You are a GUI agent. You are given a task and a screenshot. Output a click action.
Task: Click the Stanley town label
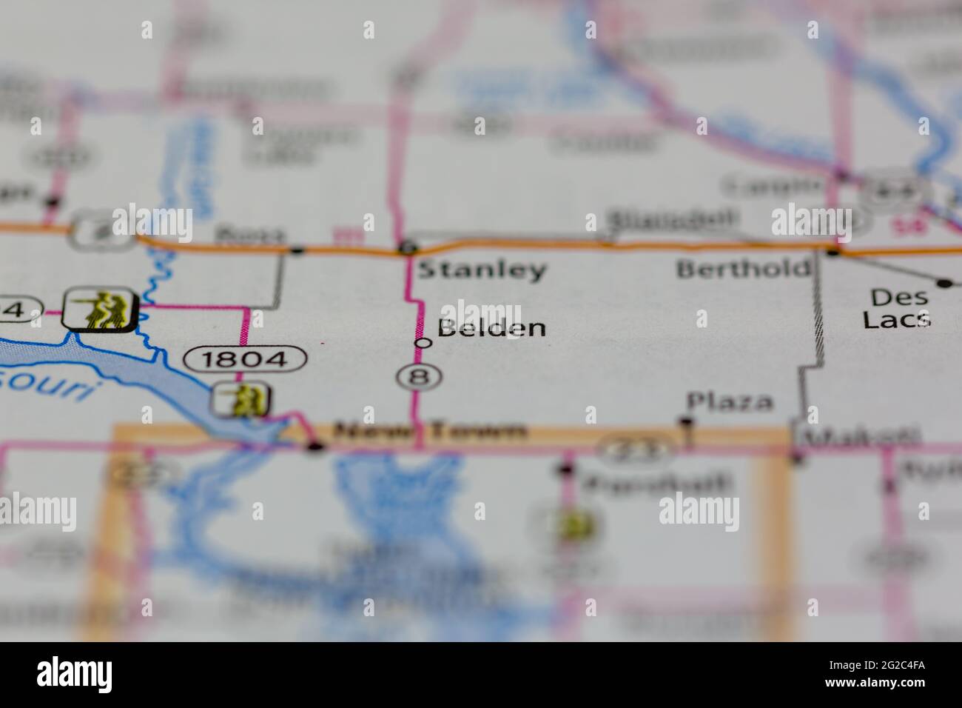click(x=482, y=270)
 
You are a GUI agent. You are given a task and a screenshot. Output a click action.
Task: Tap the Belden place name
click(x=492, y=328)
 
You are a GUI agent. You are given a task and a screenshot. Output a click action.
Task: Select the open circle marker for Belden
click(x=423, y=343)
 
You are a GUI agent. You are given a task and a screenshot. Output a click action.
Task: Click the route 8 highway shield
click(x=420, y=376)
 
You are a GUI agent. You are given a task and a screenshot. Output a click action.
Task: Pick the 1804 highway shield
click(x=245, y=360)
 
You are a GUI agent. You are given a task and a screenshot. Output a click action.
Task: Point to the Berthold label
click(x=743, y=268)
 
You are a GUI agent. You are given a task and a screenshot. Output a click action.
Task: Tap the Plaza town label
click(x=730, y=402)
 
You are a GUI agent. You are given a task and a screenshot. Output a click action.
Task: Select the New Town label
click(x=430, y=430)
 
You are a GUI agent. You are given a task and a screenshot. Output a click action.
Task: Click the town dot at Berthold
click(x=833, y=253)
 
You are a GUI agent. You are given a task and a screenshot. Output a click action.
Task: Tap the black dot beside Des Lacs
click(x=944, y=283)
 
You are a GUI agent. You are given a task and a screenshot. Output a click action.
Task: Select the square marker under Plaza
click(x=687, y=422)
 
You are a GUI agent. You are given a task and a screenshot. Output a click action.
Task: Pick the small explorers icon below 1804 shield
click(x=240, y=400)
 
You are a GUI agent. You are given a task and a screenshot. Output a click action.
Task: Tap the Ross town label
click(x=249, y=236)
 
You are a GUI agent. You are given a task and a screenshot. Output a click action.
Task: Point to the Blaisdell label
click(x=672, y=219)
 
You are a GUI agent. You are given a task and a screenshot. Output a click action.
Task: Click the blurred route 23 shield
click(x=636, y=447)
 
